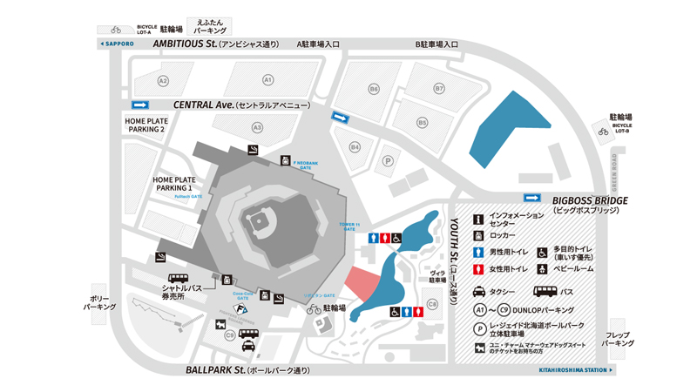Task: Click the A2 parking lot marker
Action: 162,80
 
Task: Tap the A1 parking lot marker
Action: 268,80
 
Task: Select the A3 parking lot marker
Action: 257,127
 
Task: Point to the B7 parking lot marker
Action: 439,89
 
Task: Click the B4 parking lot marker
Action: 355,147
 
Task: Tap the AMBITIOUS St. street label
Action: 185,43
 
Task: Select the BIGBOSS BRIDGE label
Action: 590,200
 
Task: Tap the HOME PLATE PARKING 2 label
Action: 145,125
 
